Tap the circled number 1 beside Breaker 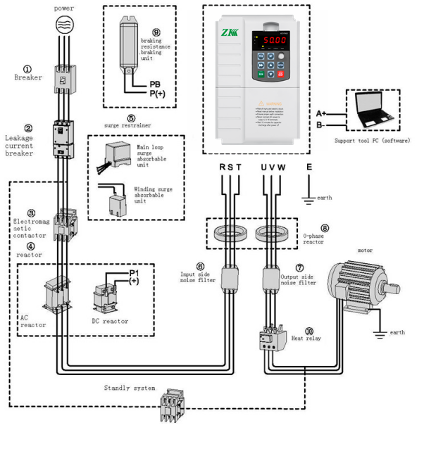[27, 69]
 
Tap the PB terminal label [154, 84]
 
